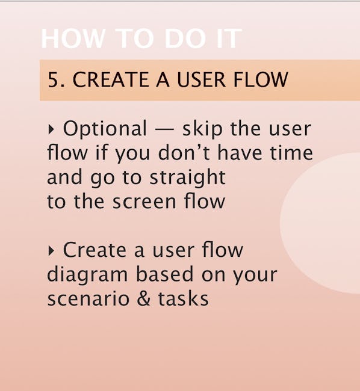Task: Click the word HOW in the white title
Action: (x=73, y=38)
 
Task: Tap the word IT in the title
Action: (x=229, y=38)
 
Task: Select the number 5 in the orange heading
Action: (x=53, y=79)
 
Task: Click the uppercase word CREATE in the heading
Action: (x=111, y=79)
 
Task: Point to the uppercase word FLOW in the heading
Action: (x=261, y=79)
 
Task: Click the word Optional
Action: (x=105, y=129)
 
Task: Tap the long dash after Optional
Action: (x=164, y=130)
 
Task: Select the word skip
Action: (x=202, y=129)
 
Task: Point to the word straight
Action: (x=188, y=177)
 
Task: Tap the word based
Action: (x=165, y=274)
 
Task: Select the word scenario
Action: (x=88, y=298)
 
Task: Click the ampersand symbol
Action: (x=144, y=298)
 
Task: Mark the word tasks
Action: (x=184, y=298)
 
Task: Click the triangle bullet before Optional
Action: (x=51, y=129)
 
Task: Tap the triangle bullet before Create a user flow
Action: (x=51, y=251)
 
